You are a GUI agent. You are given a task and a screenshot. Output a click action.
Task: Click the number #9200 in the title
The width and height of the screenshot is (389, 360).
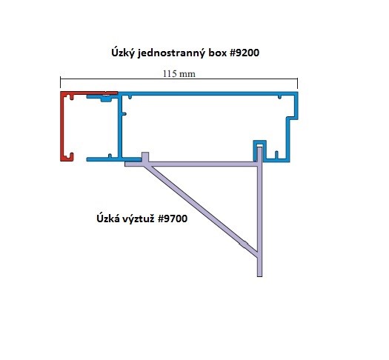tap(245, 53)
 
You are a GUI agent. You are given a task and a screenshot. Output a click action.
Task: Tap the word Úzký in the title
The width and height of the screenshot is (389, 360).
tap(123, 53)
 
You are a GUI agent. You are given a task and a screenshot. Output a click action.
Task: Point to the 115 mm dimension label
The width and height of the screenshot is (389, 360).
tap(179, 74)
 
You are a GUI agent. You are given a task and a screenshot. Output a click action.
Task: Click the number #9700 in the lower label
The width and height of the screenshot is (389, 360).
tap(173, 219)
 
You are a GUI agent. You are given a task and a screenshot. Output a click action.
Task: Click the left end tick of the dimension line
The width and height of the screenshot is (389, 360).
tap(60, 82)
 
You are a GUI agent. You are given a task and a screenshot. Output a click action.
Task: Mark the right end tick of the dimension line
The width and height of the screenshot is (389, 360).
tap(297, 83)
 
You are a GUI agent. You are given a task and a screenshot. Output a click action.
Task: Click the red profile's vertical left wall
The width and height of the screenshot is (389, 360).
tap(62, 127)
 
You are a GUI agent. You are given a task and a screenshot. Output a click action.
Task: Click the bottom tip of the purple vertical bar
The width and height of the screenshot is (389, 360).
tap(259, 276)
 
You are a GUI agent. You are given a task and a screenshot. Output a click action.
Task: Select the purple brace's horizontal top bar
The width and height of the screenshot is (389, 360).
tap(191, 164)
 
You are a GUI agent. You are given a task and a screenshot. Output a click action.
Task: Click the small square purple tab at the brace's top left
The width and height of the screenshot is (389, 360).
tap(145, 157)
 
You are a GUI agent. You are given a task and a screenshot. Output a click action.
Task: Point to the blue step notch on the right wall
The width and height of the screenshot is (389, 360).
tap(292, 118)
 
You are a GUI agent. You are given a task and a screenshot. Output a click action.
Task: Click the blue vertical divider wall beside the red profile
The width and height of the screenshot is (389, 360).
tap(120, 127)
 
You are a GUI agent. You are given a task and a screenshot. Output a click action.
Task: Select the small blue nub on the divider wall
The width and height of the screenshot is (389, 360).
tap(124, 114)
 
